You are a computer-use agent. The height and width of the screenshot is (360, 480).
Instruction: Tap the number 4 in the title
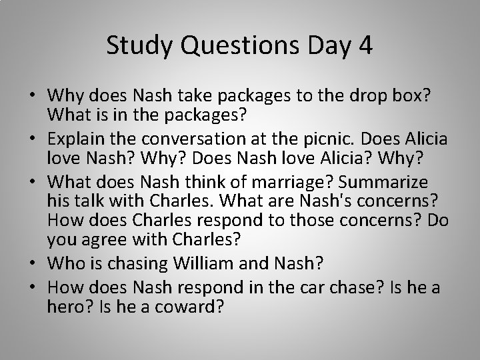click(x=365, y=46)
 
